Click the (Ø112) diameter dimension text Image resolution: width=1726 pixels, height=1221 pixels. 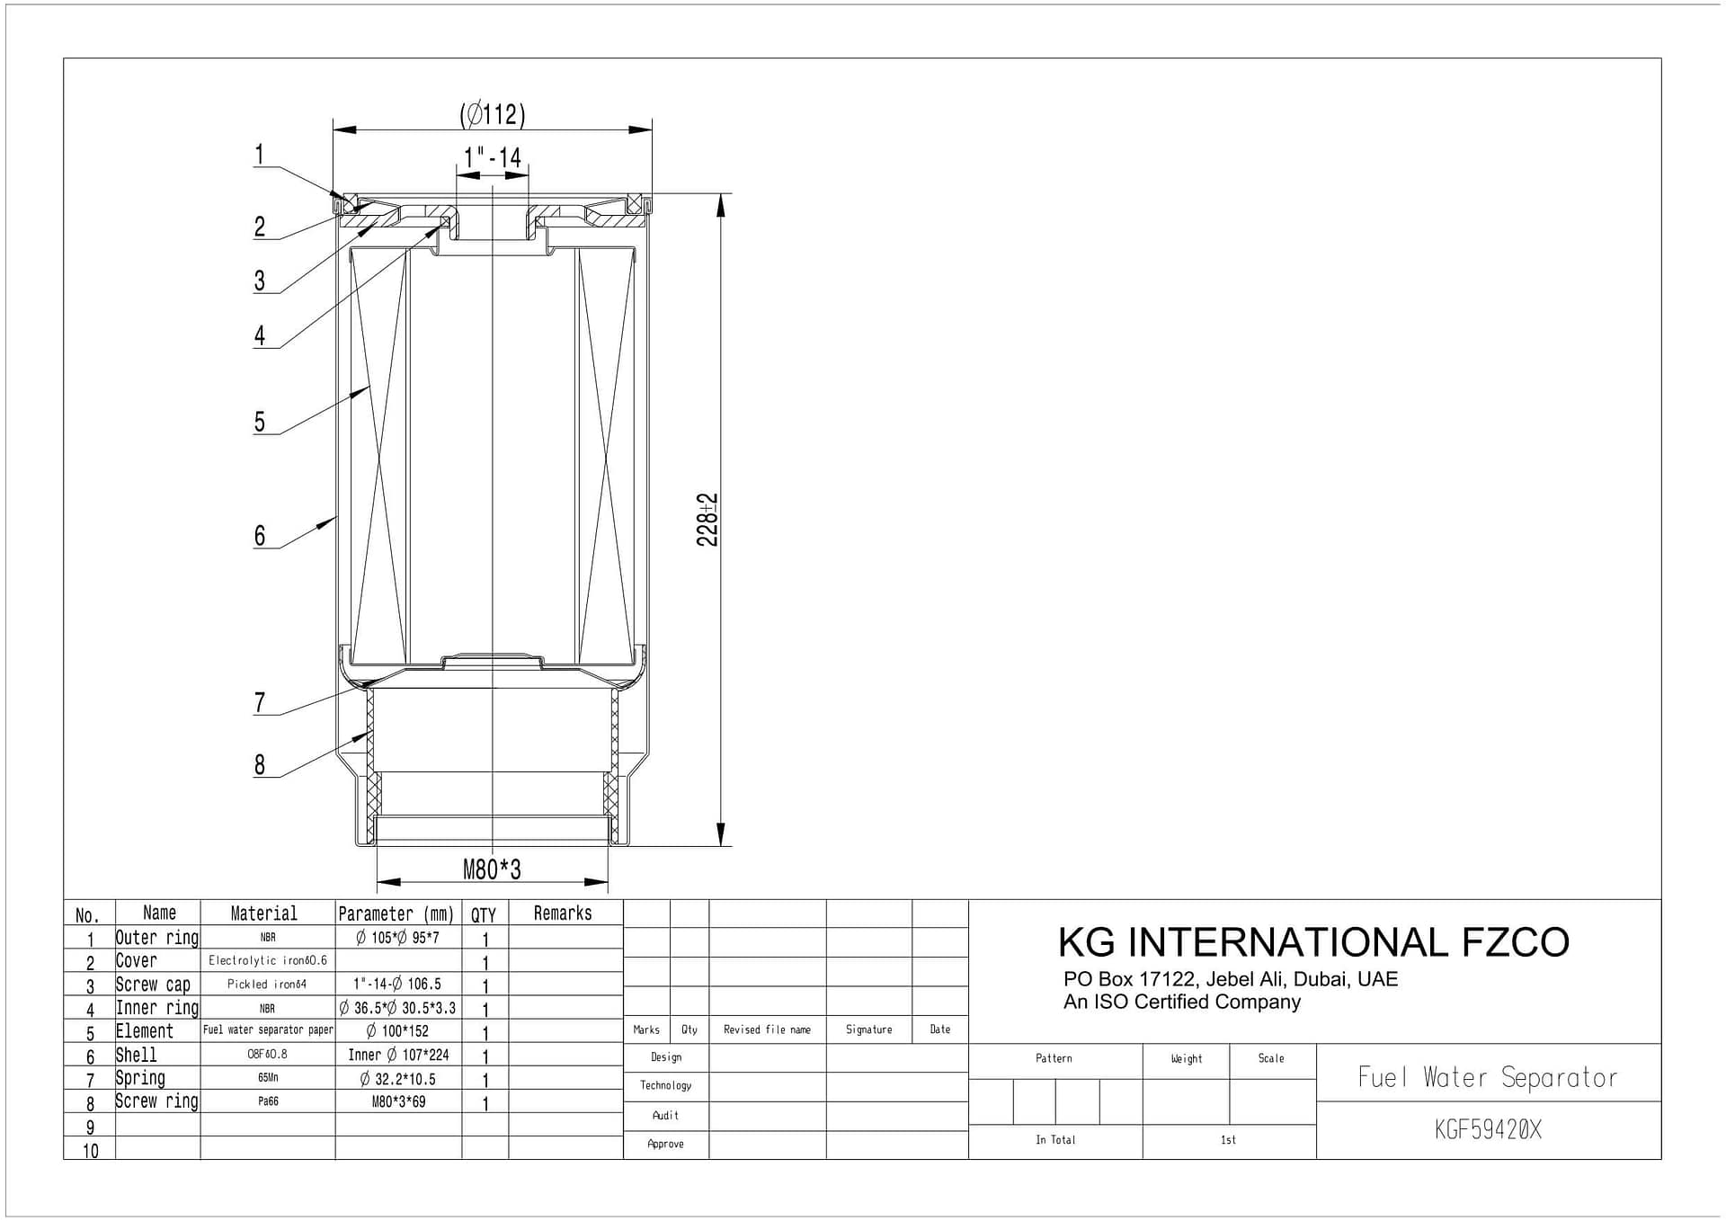pos(492,115)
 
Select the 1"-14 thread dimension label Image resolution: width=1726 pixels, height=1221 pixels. pos(492,158)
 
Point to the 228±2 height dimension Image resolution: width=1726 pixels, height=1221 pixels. pos(707,520)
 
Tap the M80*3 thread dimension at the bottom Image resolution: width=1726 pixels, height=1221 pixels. pos(492,869)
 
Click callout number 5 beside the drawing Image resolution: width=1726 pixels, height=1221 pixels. pos(260,422)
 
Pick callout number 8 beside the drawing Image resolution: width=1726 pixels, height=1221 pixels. pos(260,764)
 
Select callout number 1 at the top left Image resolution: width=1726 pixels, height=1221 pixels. pos(260,155)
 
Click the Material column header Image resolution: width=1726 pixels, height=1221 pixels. pos(263,914)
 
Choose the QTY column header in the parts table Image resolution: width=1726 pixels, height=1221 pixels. pos(484,914)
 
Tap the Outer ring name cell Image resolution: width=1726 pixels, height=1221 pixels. pos(157,938)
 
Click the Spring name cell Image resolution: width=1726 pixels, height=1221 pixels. pos(140,1078)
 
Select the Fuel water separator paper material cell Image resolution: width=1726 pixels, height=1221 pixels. pos(268,1030)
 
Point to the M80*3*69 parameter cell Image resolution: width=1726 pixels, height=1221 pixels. pos(398,1101)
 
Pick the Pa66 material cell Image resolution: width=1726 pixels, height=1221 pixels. pos(268,1101)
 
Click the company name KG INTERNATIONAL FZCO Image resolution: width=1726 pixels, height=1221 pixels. pos(1313,942)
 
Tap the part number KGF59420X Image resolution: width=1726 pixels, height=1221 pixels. pos(1488,1130)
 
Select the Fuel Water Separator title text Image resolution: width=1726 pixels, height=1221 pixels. pos(1488,1077)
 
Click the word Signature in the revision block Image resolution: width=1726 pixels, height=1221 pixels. pos(868,1029)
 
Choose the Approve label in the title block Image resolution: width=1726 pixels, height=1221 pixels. pos(665,1144)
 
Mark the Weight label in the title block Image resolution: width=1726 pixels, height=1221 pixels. pos(1186,1058)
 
